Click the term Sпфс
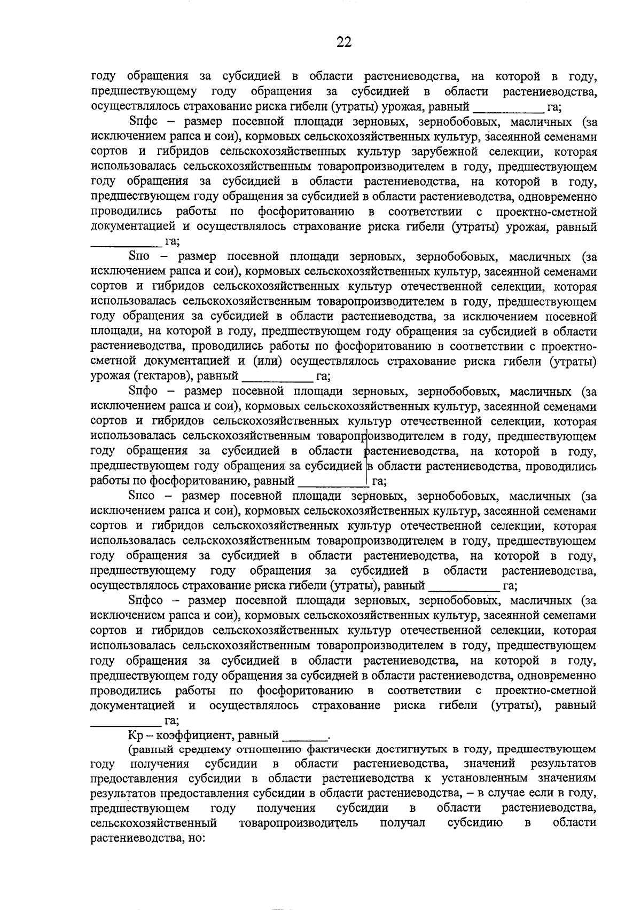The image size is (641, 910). click(x=142, y=122)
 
